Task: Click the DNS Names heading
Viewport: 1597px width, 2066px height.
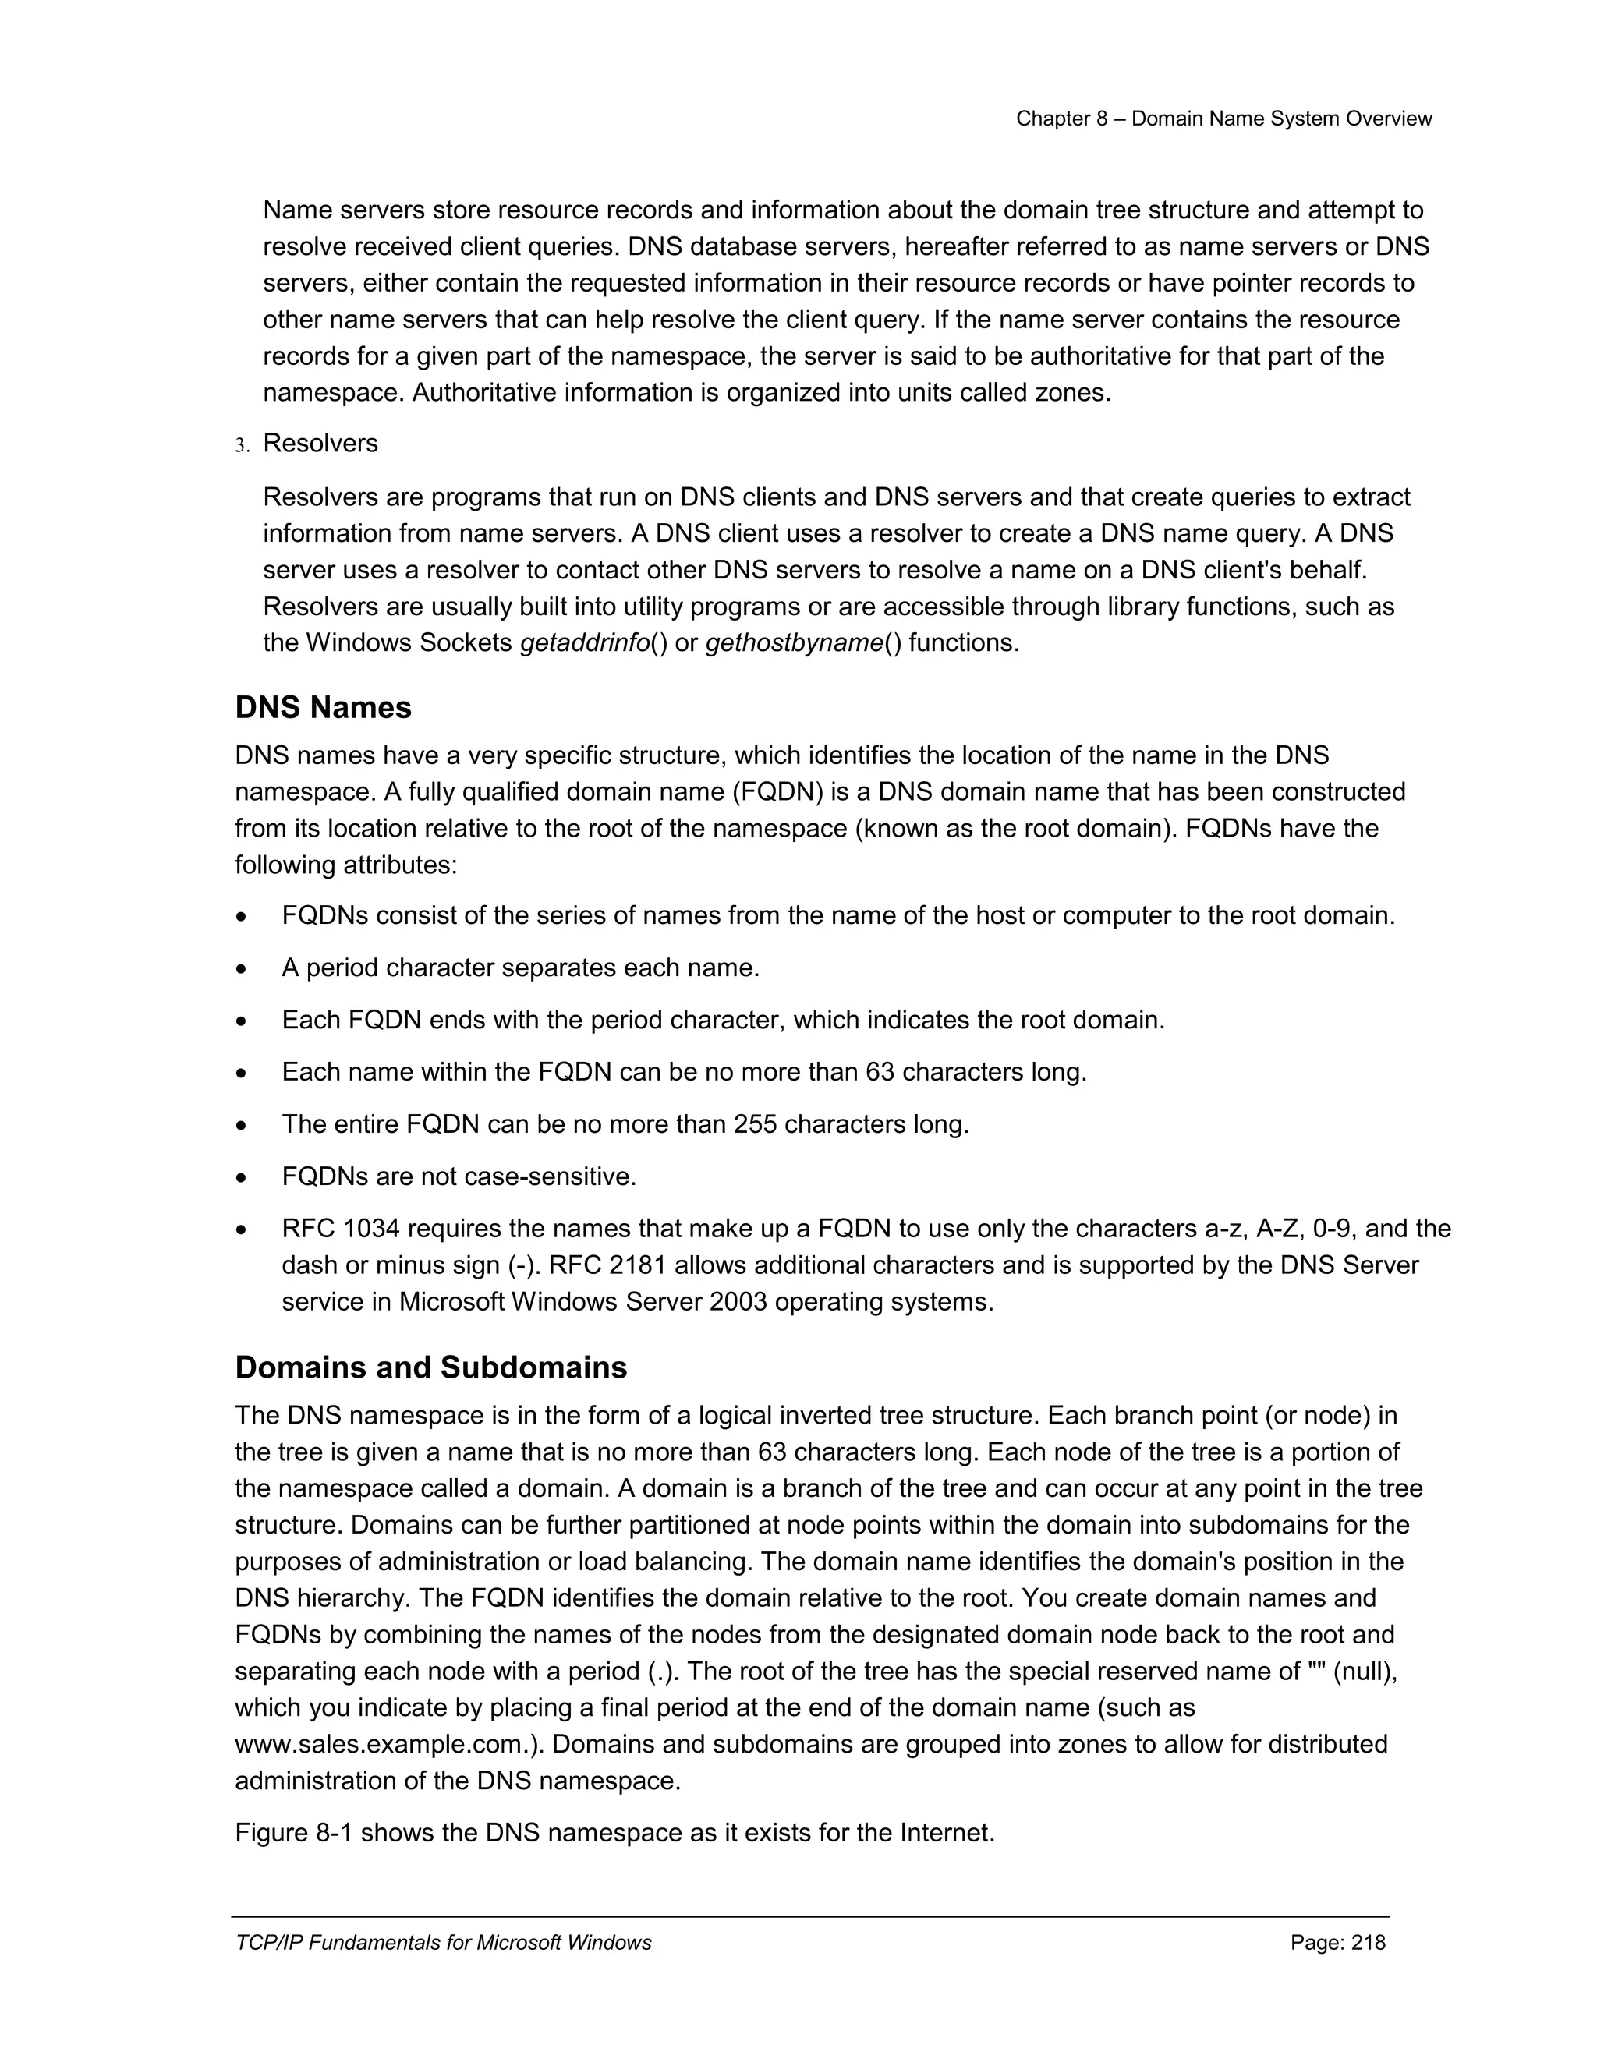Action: pyautogui.click(x=323, y=708)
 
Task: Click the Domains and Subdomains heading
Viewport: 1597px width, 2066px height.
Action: pyautogui.click(x=430, y=1367)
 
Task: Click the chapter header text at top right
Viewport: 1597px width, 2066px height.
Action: pyautogui.click(x=1223, y=119)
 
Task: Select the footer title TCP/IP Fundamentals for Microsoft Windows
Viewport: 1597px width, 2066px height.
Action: pyautogui.click(x=443, y=1942)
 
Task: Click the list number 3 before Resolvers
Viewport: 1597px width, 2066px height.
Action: pyautogui.click(x=240, y=444)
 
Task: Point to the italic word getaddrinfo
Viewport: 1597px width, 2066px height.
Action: pyautogui.click(x=585, y=643)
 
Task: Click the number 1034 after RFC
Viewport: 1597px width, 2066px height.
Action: pyautogui.click(x=372, y=1229)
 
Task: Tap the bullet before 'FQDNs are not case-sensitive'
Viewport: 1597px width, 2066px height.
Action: pyautogui.click(x=243, y=1179)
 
